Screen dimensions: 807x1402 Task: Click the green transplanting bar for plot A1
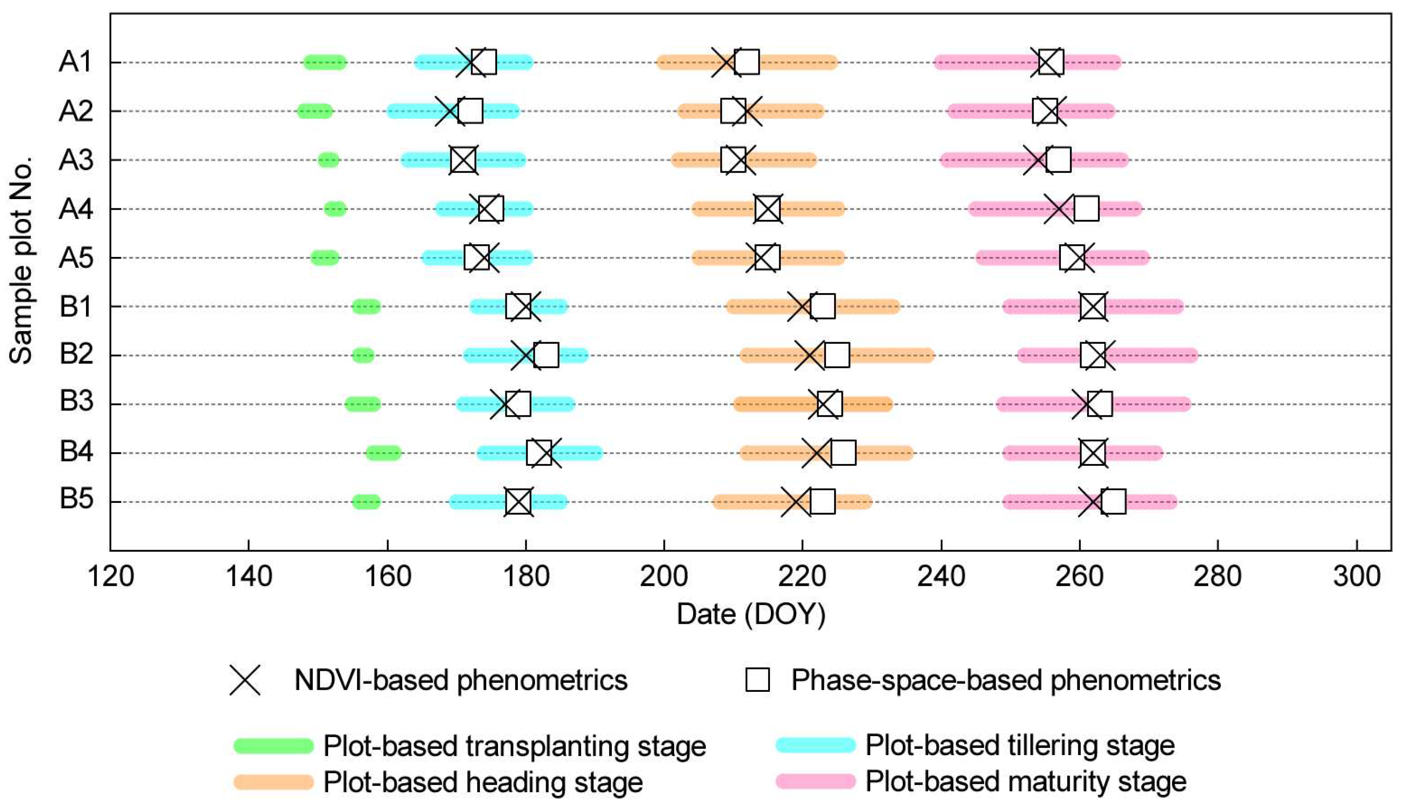point(325,62)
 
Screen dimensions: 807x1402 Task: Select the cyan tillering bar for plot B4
point(576,453)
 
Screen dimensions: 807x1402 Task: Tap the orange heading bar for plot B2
point(886,355)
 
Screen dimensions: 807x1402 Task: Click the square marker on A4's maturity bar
point(1086,209)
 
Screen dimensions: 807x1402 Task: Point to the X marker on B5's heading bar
point(796,502)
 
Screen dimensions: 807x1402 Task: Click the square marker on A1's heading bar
point(747,62)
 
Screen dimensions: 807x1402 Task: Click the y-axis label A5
point(76,258)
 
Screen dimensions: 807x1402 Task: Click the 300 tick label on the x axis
point(1356,577)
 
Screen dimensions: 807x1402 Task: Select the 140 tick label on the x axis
point(249,577)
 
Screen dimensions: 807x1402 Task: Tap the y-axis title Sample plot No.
point(21,261)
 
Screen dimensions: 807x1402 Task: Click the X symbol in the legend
point(245,680)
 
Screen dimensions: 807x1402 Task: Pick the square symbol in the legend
point(757,680)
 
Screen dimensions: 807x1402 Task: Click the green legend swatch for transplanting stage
point(274,745)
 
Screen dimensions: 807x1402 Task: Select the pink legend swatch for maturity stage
point(815,782)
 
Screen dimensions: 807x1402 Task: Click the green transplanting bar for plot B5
point(366,502)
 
